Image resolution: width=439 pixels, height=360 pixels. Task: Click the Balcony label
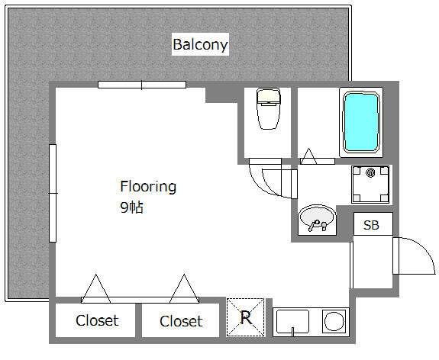pyautogui.click(x=200, y=44)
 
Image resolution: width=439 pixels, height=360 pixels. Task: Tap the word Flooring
pyautogui.click(x=148, y=187)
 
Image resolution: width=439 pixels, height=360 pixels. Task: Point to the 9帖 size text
pyautogui.click(x=131, y=207)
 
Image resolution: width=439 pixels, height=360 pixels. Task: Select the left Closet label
pyautogui.click(x=97, y=320)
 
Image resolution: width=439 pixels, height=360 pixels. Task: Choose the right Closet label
pyautogui.click(x=181, y=321)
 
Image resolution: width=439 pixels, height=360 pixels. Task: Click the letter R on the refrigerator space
pyautogui.click(x=246, y=317)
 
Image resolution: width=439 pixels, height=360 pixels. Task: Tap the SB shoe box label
pyautogui.click(x=371, y=225)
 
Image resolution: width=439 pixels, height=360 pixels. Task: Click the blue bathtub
pyautogui.click(x=361, y=122)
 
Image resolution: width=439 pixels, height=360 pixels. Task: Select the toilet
pyautogui.click(x=268, y=109)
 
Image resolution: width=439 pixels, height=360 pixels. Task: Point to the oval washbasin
pyautogui.click(x=317, y=218)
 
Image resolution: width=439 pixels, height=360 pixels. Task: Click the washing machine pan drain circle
pyautogui.click(x=370, y=173)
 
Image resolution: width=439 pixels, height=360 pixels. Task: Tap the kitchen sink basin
pyautogui.click(x=292, y=321)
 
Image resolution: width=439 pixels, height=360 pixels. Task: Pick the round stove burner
pyautogui.click(x=334, y=321)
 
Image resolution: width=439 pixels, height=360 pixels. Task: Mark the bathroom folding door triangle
pyautogui.click(x=308, y=156)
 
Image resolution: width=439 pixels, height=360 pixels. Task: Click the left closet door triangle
pyautogui.click(x=95, y=288)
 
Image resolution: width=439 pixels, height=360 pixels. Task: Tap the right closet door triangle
pyautogui.click(x=184, y=288)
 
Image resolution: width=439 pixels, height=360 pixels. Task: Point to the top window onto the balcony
pyautogui.click(x=142, y=85)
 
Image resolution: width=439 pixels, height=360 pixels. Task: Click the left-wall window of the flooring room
pyautogui.click(x=53, y=193)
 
